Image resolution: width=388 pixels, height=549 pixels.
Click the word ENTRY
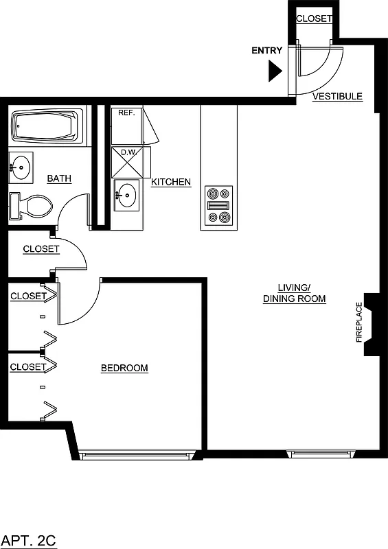266,51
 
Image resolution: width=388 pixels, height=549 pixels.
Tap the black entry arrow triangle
275,70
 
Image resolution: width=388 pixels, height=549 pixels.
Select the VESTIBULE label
337,97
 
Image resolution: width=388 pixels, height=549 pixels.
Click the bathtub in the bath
46,128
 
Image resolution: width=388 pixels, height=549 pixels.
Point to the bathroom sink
21,166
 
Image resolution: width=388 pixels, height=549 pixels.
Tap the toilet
32,206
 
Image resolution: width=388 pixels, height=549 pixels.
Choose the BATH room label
59,179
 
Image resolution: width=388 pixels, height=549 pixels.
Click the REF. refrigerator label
126,112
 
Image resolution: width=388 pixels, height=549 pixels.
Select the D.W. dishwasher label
128,152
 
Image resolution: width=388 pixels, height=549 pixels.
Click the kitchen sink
126,194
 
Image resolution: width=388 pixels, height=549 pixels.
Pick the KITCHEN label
171,182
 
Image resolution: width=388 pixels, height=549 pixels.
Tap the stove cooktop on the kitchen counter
219,206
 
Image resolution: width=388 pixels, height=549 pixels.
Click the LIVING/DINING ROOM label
294,293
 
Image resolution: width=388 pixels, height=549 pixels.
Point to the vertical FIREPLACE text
358,322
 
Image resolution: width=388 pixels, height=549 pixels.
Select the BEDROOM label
124,369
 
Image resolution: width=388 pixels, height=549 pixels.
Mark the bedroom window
135,454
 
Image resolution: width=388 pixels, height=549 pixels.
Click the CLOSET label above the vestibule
314,19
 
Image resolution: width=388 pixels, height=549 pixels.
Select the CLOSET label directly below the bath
41,249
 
